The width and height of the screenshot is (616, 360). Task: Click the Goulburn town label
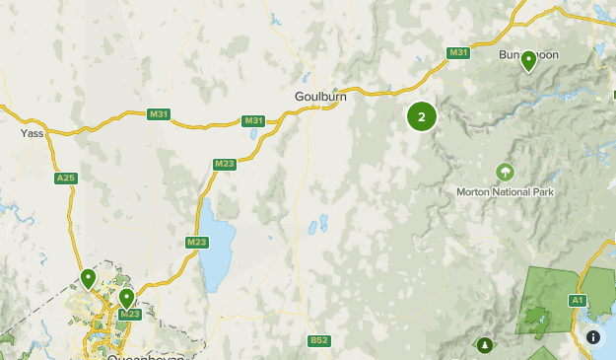318,97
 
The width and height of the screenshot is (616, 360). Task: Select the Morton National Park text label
505,191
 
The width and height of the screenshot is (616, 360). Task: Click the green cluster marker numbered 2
422,117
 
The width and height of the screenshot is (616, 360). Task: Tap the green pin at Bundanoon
528,61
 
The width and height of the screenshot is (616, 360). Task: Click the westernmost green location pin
89,280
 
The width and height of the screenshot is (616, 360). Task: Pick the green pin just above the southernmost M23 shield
126,298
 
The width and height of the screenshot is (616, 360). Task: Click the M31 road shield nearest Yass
159,114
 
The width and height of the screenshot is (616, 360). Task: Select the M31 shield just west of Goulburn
254,121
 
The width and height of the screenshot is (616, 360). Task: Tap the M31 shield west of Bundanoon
457,52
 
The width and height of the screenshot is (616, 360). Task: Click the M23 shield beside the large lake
196,242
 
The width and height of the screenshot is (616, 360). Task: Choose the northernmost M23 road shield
224,165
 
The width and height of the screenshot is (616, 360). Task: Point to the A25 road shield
66,178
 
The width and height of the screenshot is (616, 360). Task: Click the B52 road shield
318,341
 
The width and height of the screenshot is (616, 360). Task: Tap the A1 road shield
578,300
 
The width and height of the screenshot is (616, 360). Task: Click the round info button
593,337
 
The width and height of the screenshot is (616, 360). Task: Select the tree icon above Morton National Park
505,173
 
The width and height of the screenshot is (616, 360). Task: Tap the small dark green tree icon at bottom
484,345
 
